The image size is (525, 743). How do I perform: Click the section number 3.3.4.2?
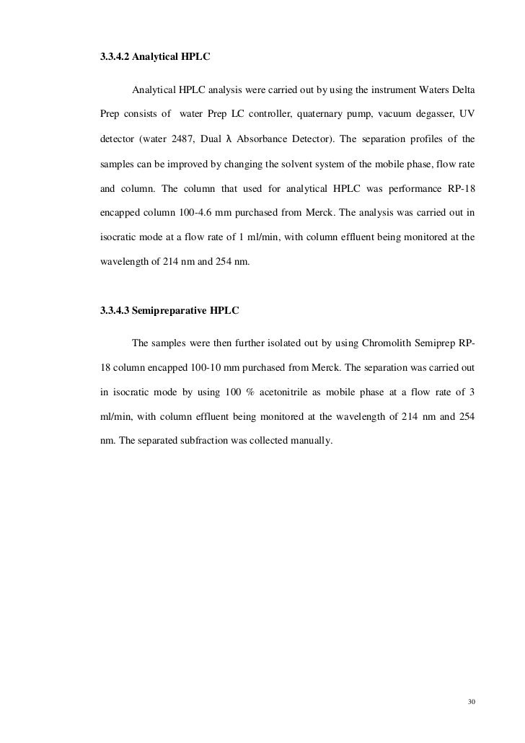(115, 53)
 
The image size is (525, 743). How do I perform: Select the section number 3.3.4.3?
(115, 312)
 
